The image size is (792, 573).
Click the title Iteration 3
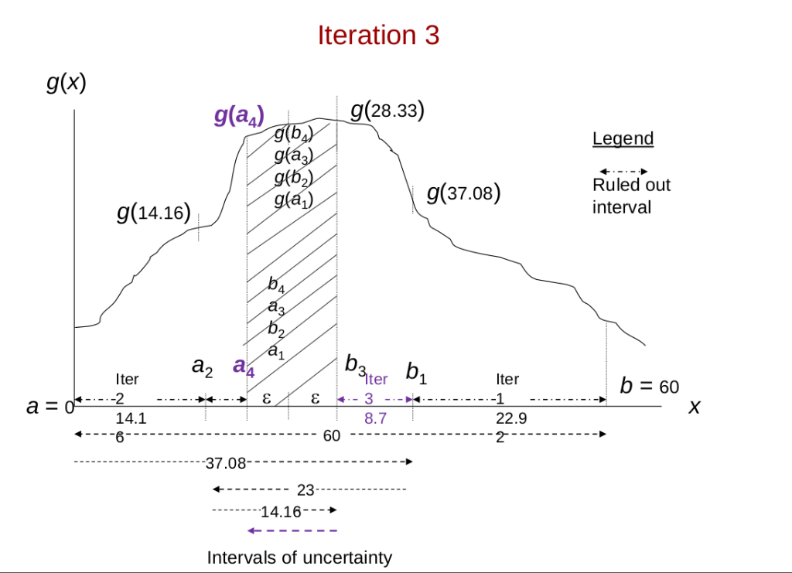tap(378, 36)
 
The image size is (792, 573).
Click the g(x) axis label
tap(66, 82)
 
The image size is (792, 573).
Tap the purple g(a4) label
tap(239, 117)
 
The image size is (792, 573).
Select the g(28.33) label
tap(387, 111)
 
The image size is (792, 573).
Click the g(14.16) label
tap(154, 212)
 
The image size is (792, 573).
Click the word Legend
tap(623, 139)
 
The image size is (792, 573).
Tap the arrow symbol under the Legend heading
tap(623, 171)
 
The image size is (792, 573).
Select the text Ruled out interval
tap(631, 196)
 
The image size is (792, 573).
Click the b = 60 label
tap(649, 386)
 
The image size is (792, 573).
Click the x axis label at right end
tap(694, 406)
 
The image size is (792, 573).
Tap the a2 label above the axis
tap(202, 367)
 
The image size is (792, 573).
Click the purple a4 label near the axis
tap(244, 367)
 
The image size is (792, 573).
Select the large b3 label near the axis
tap(355, 365)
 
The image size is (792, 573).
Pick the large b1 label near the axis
tap(417, 372)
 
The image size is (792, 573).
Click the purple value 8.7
tap(375, 418)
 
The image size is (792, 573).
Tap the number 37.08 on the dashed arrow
tap(226, 463)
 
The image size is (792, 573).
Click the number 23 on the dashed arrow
tap(305, 489)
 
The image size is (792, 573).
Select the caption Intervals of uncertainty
tap(299, 558)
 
